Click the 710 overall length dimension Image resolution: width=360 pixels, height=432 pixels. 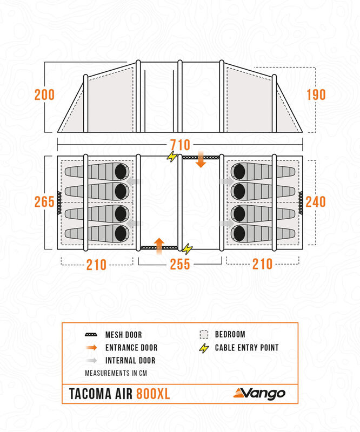point(180,145)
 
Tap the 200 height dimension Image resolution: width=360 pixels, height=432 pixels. point(44,95)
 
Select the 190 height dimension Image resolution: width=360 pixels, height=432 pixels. point(316,95)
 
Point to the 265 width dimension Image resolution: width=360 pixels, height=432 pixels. point(44,202)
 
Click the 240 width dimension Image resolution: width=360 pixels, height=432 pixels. point(316,202)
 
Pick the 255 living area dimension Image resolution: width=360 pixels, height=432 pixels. point(180,265)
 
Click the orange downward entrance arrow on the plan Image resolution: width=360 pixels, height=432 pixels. point(201,160)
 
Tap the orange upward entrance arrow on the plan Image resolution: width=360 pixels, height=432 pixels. point(159,245)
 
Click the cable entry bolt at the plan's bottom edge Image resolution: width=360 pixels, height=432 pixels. point(188,248)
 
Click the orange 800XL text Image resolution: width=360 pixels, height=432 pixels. point(152,394)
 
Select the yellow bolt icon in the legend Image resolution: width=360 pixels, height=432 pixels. point(204,348)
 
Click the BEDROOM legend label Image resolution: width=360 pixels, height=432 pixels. point(230,335)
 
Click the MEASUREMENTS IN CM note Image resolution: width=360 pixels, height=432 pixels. point(116,373)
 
